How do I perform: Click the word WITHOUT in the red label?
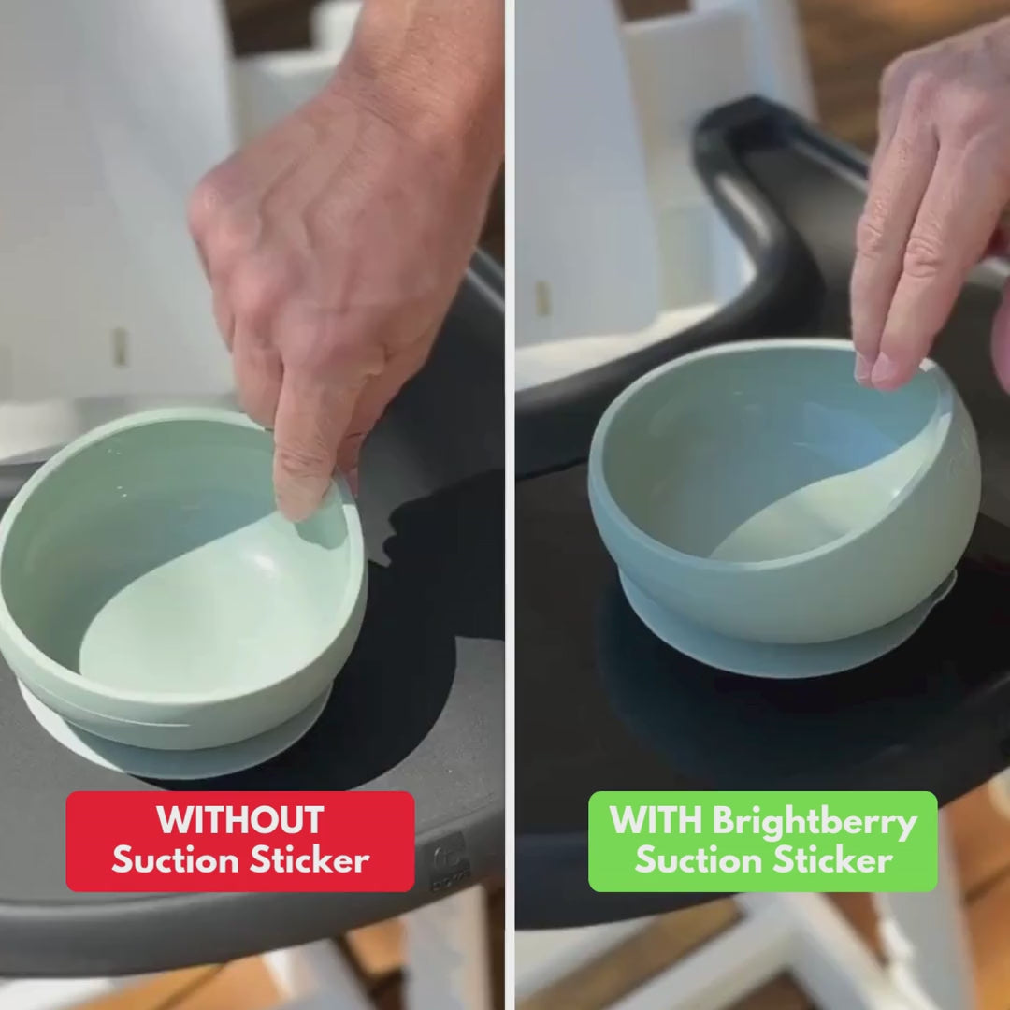tap(239, 820)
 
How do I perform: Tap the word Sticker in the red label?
tap(310, 860)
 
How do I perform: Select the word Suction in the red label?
tap(176, 860)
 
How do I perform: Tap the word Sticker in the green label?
tap(833, 860)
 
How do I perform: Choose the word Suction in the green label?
tap(699, 860)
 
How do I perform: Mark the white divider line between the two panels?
tap(510, 505)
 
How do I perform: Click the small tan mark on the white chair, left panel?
tap(121, 347)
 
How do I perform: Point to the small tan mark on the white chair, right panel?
tap(543, 298)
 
